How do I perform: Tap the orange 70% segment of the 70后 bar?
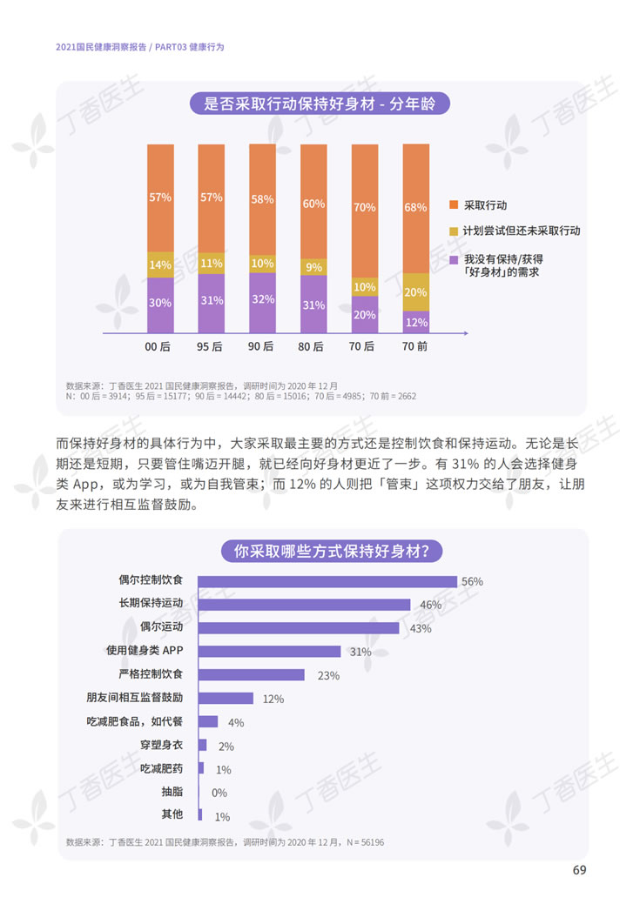pos(365,209)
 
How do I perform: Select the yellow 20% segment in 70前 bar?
pos(416,292)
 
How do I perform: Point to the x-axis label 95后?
pos(211,346)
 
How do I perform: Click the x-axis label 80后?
pos(313,346)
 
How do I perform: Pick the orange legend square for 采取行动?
pos(453,205)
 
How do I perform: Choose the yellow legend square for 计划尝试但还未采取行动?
pos(453,231)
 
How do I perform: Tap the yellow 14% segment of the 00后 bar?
pos(160,264)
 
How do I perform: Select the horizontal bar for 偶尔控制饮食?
pos(327,581)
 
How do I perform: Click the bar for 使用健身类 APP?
pos(269,652)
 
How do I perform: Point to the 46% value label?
pos(430,605)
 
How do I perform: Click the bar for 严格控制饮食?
pos(252,675)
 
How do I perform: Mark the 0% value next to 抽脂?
pos(219,793)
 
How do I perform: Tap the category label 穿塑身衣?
pos(161,745)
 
